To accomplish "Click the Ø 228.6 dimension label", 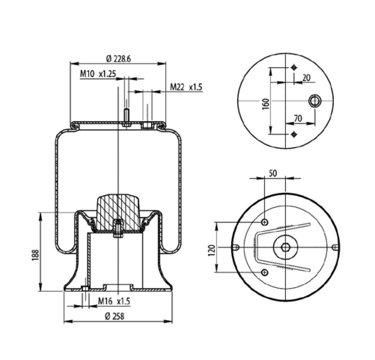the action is [x=118, y=59].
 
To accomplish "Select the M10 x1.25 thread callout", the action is [x=98, y=74].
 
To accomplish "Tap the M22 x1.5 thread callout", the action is [x=186, y=87].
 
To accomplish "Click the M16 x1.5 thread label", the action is [x=114, y=301].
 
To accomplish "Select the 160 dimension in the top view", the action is [x=265, y=101].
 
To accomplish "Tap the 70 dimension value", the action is [x=298, y=119].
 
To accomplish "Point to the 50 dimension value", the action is [x=273, y=173].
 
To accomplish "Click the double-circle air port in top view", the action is [x=314, y=100].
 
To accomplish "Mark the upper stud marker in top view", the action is [x=294, y=67].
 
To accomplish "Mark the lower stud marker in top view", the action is [x=294, y=134].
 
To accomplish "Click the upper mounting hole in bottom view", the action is [x=265, y=222].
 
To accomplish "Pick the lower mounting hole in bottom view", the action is [x=265, y=272].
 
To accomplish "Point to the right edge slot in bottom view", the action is [x=335, y=247].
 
